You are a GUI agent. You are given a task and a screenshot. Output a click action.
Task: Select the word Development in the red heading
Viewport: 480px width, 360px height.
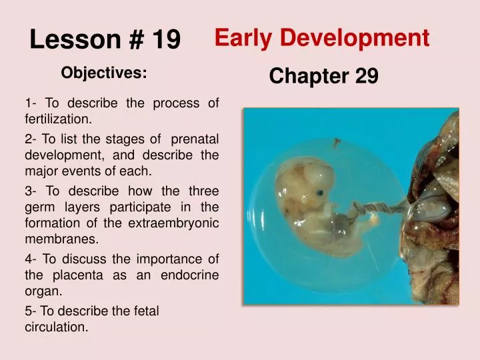click(355, 39)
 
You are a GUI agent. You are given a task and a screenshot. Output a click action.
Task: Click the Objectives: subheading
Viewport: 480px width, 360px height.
click(104, 73)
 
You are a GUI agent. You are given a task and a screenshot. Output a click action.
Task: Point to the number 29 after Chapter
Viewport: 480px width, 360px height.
click(366, 77)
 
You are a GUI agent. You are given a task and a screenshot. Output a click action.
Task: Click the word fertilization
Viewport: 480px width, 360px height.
click(57, 120)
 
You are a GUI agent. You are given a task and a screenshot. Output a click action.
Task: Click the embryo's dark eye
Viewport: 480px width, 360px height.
click(321, 193)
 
